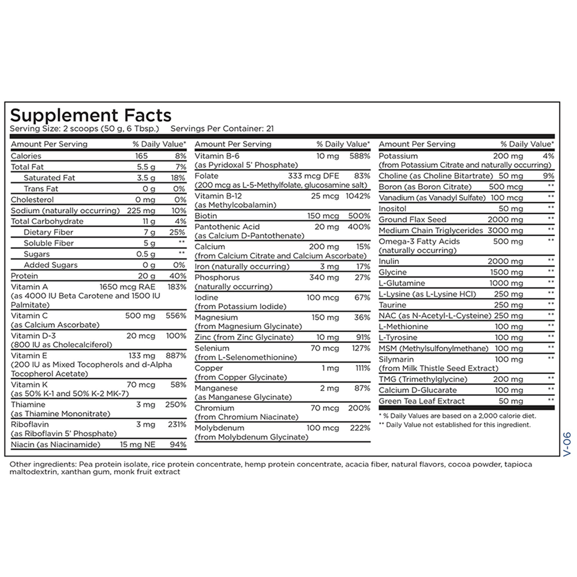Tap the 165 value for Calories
(142, 156)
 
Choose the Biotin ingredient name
(207, 216)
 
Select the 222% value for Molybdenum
(359, 428)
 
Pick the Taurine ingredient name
(392, 305)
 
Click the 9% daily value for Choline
(549, 175)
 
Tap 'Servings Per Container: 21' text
(222, 128)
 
